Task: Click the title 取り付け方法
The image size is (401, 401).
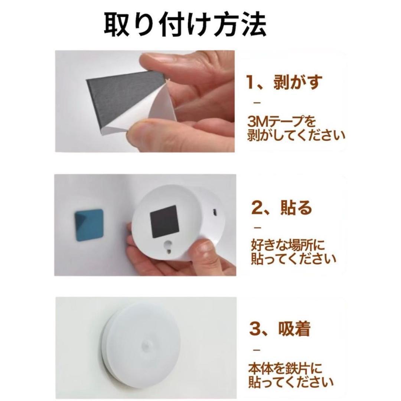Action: (x=185, y=25)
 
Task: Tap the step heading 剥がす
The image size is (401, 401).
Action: (x=298, y=82)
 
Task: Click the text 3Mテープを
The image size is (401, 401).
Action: (x=281, y=121)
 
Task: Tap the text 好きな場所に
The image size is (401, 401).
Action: (x=288, y=245)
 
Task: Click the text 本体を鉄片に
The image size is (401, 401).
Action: (x=285, y=368)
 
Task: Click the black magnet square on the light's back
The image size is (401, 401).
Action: (x=163, y=222)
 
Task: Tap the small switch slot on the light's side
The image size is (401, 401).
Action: (x=214, y=212)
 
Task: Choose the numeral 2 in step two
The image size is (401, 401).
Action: (x=256, y=208)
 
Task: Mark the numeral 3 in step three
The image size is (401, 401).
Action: (x=255, y=329)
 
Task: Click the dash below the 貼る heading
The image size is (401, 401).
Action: (x=258, y=227)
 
